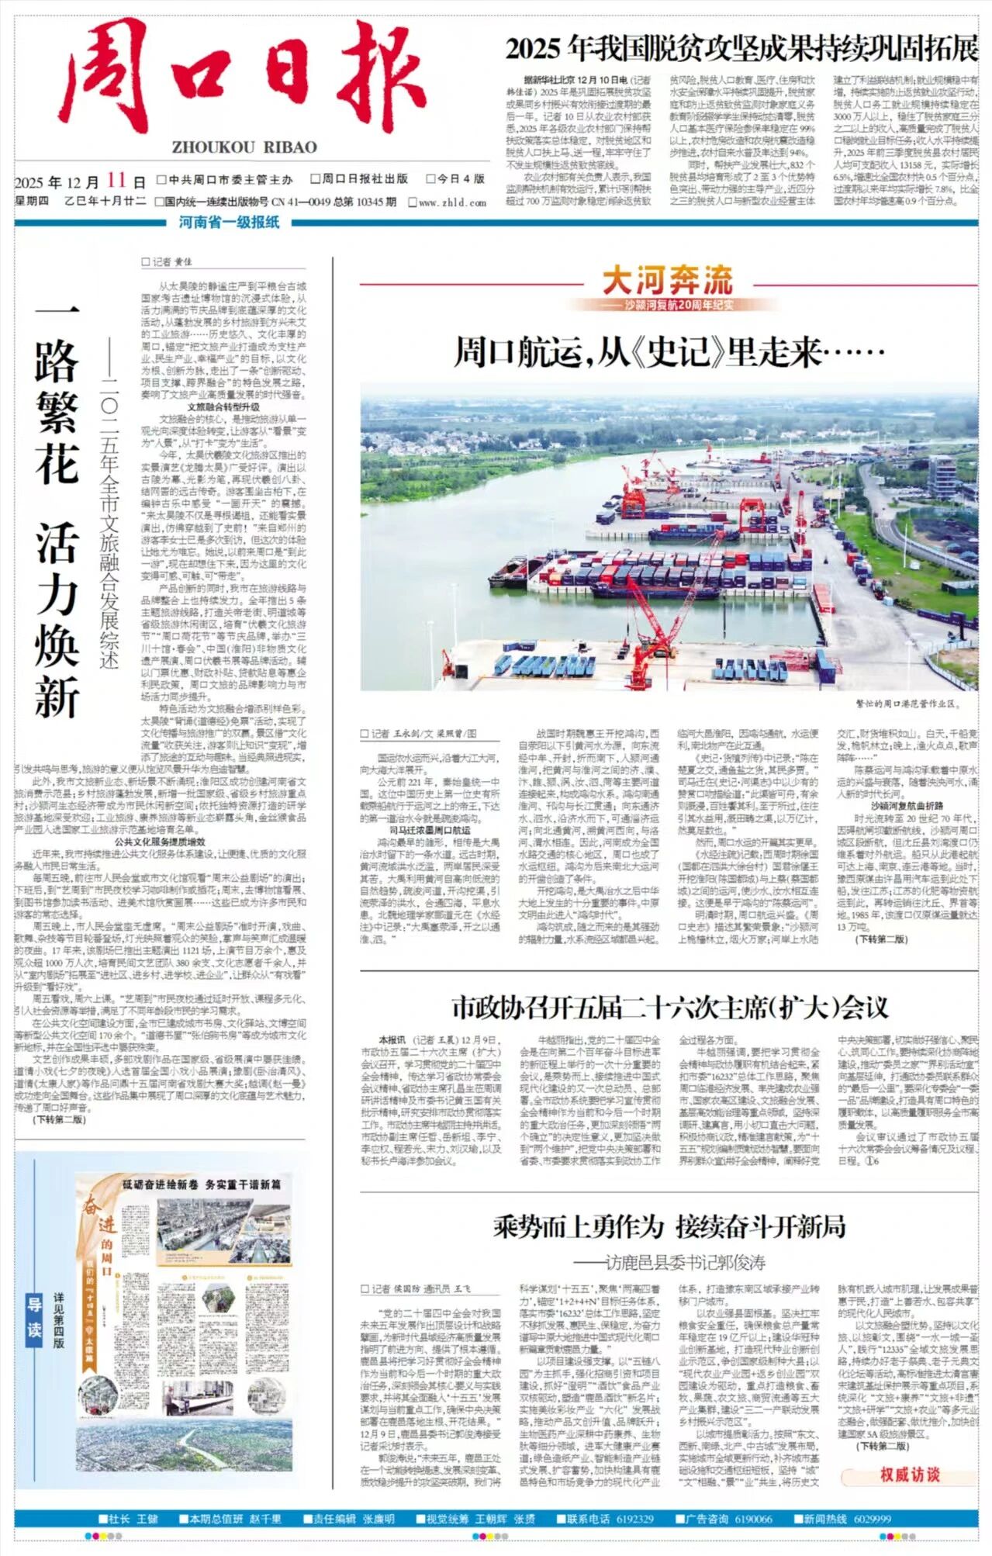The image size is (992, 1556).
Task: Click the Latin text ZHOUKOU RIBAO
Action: coord(244,147)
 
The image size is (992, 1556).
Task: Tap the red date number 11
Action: coord(116,180)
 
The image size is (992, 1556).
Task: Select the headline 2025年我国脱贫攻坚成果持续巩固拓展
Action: coord(741,49)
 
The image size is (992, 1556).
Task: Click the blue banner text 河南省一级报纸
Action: coord(229,223)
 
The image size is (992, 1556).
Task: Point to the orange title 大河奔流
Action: coord(668,280)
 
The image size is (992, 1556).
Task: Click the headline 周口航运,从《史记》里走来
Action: coord(669,351)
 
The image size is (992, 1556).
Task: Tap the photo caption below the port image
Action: coord(907,704)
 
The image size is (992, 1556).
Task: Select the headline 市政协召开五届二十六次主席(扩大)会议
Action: coord(669,1008)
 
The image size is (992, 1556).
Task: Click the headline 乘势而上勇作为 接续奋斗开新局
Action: coord(669,1226)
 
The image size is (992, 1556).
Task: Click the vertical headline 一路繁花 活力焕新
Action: coord(57,512)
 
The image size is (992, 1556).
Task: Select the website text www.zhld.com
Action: coord(452,202)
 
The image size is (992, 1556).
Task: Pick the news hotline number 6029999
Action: coord(872,1518)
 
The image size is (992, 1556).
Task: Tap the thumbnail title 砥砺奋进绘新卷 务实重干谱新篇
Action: coord(202,1184)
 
